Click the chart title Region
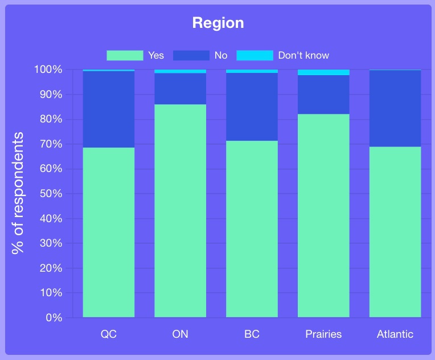(218, 23)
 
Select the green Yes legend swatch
(125, 55)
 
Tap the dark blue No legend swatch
(191, 55)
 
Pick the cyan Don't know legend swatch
(255, 55)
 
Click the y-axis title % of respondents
(18, 193)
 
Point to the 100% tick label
(48, 69)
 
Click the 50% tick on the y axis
(51, 194)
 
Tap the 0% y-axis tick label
(54, 317)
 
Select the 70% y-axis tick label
(51, 144)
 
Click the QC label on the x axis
(109, 334)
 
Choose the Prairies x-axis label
(323, 334)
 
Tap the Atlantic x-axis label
(395, 334)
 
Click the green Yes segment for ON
(180, 211)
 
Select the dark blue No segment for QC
(109, 109)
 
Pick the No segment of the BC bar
(252, 107)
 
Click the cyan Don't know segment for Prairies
(323, 72)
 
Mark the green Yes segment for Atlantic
(395, 232)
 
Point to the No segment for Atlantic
(395, 108)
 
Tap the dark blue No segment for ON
(180, 89)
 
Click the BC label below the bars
(252, 334)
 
